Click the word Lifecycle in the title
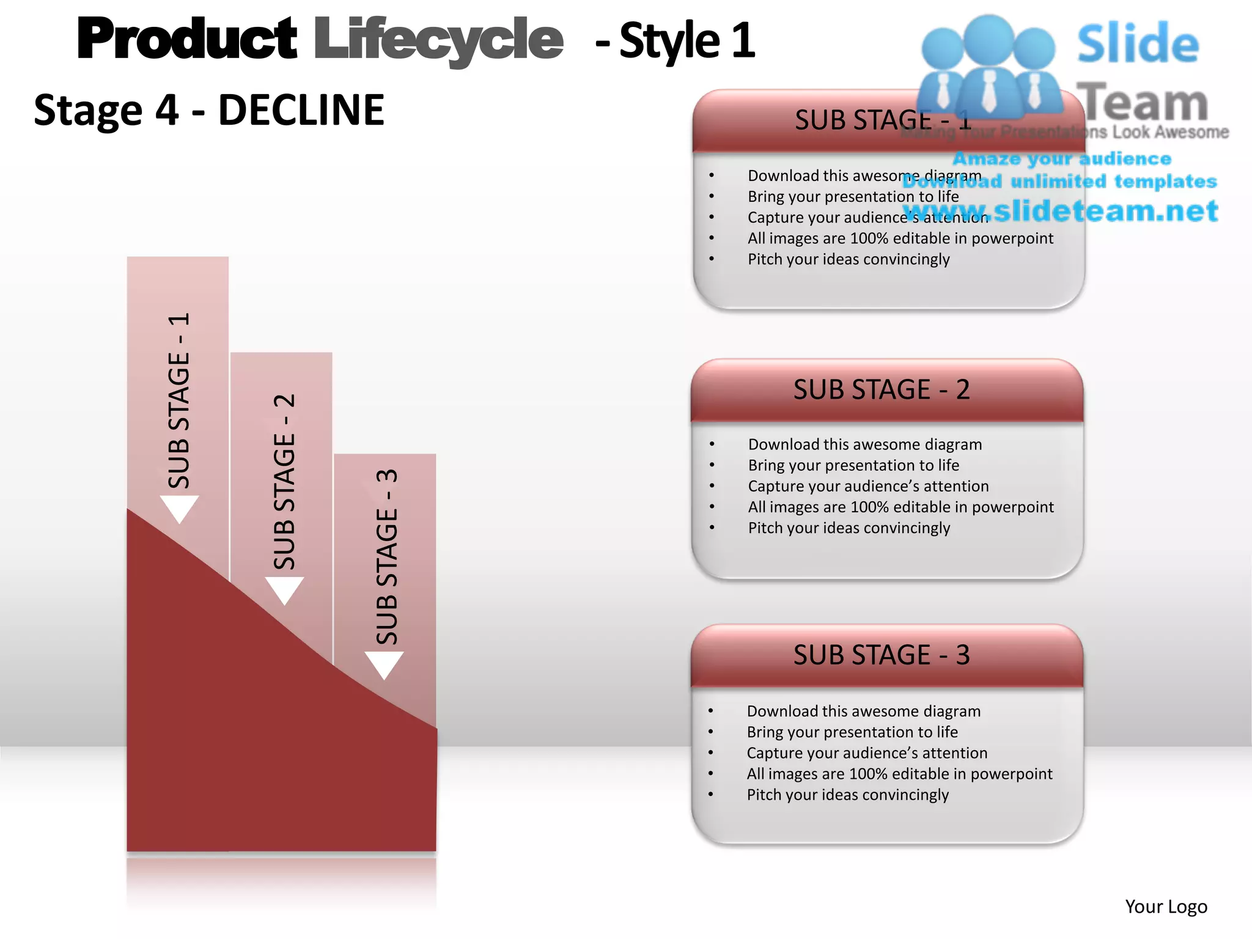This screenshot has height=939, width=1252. [438, 40]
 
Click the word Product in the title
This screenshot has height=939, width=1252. [187, 40]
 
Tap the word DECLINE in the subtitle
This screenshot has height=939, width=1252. [301, 111]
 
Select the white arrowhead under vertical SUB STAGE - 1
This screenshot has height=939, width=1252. [179, 508]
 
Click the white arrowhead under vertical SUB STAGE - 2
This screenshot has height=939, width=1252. [284, 589]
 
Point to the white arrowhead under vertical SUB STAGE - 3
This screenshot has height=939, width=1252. [384, 664]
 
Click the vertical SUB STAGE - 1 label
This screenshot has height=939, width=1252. [179, 400]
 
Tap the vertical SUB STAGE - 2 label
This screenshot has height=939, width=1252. [285, 482]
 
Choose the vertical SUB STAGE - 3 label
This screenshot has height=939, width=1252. [387, 556]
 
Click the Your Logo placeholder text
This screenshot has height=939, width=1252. [1166, 907]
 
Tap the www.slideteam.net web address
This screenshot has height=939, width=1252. [1061, 212]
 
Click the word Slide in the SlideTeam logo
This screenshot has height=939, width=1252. [1138, 44]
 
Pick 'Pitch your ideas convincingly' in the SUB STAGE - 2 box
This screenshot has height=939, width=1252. [849, 528]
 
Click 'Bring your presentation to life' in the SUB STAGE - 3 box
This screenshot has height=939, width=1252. [852, 732]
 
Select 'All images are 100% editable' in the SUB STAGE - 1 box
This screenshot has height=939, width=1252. [900, 238]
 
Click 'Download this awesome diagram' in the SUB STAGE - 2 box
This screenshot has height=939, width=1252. [865, 444]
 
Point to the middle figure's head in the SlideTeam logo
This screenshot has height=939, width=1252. [989, 39]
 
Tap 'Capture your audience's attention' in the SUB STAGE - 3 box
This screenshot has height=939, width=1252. [867, 753]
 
